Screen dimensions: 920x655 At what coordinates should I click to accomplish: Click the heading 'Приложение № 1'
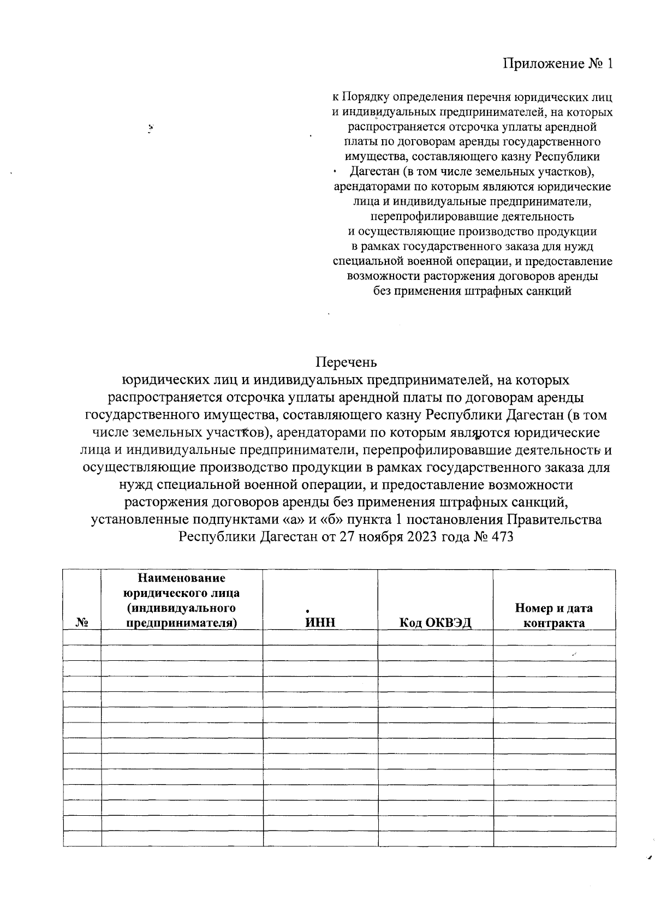[557, 64]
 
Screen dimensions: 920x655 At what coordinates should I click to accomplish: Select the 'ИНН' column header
[320, 623]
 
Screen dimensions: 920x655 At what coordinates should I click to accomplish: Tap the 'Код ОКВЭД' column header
[435, 623]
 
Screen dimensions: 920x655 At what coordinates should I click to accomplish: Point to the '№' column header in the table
[82, 623]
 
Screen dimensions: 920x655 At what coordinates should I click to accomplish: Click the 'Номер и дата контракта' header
[554, 616]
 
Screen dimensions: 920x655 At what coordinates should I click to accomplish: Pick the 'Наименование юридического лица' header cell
[182, 600]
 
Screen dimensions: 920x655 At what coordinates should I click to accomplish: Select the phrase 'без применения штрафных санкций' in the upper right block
[472, 291]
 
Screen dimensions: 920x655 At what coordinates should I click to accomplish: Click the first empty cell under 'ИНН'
[320, 638]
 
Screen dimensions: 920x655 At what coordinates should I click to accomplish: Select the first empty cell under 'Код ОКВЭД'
[435, 638]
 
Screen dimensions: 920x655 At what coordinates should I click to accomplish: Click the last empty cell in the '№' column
[82, 839]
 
